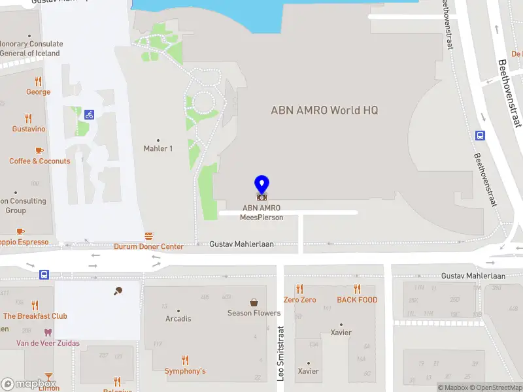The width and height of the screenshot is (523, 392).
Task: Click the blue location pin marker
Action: pyautogui.click(x=261, y=184)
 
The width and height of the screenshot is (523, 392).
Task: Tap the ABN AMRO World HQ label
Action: pyautogui.click(x=324, y=110)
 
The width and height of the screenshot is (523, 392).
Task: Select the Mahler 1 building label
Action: pyautogui.click(x=158, y=148)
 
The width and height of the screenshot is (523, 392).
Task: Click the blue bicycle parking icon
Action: pyautogui.click(x=89, y=114)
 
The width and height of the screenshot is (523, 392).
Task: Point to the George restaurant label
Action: pyautogui.click(x=38, y=92)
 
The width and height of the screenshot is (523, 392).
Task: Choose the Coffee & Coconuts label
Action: pyautogui.click(x=39, y=161)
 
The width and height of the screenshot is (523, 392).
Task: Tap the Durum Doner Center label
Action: pyautogui.click(x=149, y=246)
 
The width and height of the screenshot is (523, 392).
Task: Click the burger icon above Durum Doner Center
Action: pyautogui.click(x=149, y=236)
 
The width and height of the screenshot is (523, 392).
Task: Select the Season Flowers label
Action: pyautogui.click(x=254, y=313)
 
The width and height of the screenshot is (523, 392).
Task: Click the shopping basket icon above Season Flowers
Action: pyautogui.click(x=254, y=302)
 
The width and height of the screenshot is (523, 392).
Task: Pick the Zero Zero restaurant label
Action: pyautogui.click(x=299, y=300)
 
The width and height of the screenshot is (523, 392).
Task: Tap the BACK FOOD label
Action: pyautogui.click(x=357, y=300)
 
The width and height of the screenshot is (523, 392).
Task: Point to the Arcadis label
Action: pyautogui.click(x=178, y=319)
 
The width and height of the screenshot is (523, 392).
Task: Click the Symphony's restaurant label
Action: pyautogui.click(x=185, y=371)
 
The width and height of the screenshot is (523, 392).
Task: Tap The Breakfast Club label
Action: pyautogui.click(x=35, y=316)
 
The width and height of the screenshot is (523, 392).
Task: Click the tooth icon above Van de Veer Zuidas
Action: pyautogui.click(x=48, y=332)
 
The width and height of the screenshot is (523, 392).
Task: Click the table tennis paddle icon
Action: pyautogui.click(x=118, y=291)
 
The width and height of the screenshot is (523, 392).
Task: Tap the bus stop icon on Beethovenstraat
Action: pyautogui.click(x=481, y=135)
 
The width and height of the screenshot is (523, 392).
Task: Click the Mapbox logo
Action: pyautogui.click(x=29, y=384)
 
